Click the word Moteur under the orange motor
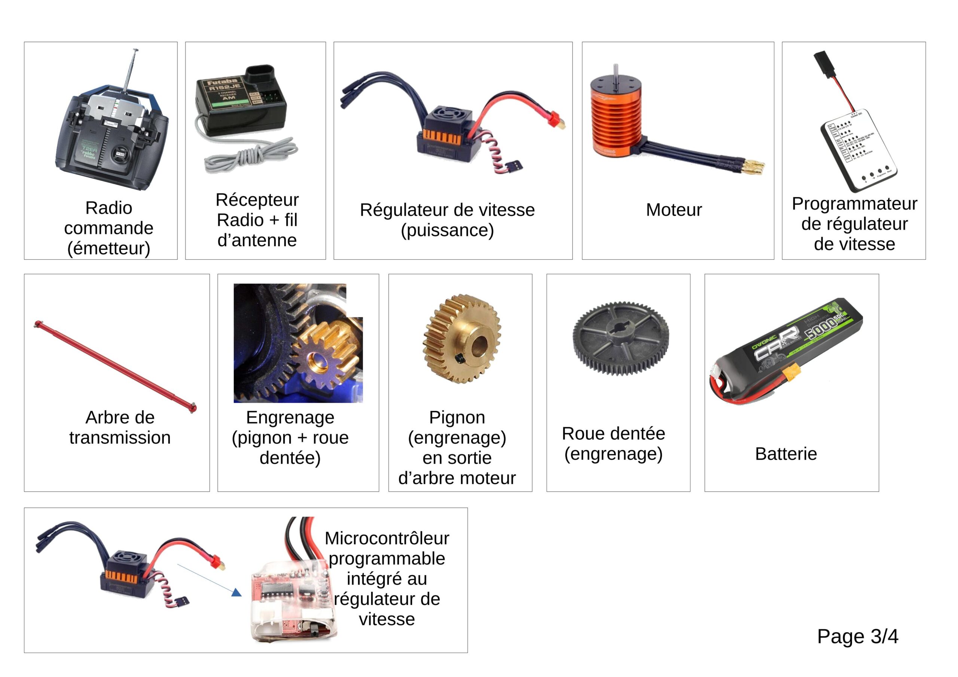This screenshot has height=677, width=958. [x=674, y=210]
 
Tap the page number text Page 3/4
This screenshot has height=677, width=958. [x=857, y=636]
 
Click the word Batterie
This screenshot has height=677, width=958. [x=786, y=453]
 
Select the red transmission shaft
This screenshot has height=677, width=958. [x=115, y=366]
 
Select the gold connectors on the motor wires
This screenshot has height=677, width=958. [x=753, y=166]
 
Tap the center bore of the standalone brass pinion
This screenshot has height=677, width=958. [x=479, y=346]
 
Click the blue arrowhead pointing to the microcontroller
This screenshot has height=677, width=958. [x=237, y=592]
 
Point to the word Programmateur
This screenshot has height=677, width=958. [x=854, y=203]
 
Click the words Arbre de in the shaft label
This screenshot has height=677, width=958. [x=120, y=417]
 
